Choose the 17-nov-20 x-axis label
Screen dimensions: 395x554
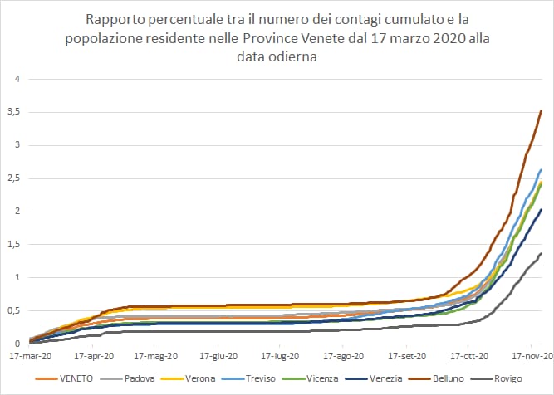(x=530, y=356)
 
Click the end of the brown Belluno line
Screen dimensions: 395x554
(x=542, y=111)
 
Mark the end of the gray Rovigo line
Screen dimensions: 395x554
(x=542, y=254)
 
